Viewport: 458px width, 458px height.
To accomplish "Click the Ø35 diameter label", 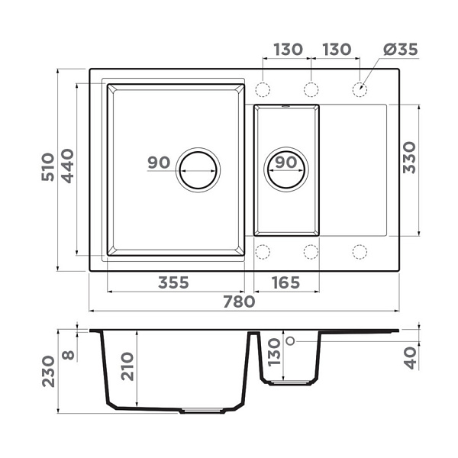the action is click(x=401, y=50).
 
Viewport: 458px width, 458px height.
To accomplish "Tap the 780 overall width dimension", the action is click(x=239, y=302).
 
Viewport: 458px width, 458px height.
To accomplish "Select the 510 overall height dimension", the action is click(x=48, y=167).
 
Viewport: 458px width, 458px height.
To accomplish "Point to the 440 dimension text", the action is click(x=68, y=166).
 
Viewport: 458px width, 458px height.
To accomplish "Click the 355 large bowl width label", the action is click(x=173, y=282).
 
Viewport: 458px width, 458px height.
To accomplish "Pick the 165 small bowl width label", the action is click(x=285, y=282).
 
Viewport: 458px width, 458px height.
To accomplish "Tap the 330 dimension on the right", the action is click(x=409, y=158).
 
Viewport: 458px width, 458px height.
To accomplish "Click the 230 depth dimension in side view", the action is click(x=48, y=371).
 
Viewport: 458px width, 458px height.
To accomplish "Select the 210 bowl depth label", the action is click(x=127, y=366).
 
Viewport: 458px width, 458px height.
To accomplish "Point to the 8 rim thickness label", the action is click(x=69, y=355).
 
